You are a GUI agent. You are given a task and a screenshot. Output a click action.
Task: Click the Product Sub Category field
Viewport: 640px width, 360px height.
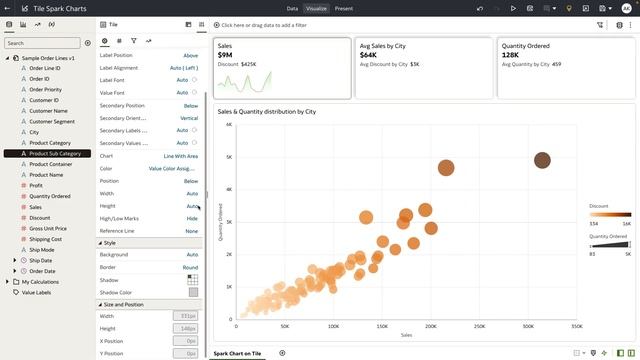55,154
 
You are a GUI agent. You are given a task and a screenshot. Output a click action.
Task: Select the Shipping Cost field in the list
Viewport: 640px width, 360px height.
46,239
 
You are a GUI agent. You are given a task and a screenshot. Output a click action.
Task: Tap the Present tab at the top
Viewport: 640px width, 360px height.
343,8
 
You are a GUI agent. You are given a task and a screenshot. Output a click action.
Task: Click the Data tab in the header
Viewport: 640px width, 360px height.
292,8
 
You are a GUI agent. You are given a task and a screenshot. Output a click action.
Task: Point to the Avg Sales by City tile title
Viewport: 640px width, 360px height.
382,46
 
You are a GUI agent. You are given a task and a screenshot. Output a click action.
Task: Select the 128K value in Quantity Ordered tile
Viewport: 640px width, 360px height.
510,55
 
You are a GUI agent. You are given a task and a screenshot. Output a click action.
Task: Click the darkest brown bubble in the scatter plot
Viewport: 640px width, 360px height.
542,160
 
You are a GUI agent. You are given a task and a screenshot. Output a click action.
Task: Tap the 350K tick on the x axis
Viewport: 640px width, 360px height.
575,326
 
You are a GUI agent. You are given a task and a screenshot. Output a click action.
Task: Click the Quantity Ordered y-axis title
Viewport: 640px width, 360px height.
220,221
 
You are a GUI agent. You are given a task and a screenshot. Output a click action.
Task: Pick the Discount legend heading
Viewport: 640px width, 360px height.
599,205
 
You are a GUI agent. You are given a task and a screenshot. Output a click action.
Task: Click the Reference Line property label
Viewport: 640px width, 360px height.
118,231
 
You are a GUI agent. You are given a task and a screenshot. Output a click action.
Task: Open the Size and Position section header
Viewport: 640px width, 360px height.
124,304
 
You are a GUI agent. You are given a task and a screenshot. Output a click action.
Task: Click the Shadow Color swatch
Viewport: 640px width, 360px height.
193,292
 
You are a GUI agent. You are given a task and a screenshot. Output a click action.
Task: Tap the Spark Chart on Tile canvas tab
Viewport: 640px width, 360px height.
237,353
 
